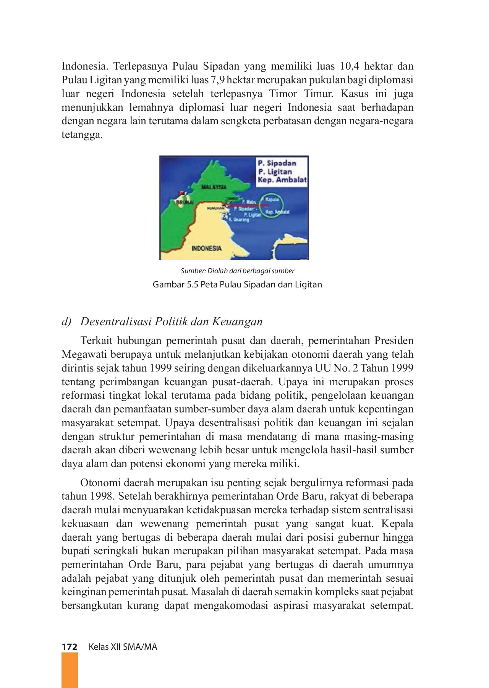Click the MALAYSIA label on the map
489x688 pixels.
[x=214, y=187]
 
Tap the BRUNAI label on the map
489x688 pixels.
[x=185, y=201]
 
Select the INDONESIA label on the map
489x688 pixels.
[x=206, y=248]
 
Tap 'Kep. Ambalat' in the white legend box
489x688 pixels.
[x=282, y=180]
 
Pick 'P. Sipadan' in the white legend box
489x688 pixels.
[x=277, y=163]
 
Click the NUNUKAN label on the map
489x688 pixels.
[x=214, y=208]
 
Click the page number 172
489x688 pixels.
[x=70, y=647]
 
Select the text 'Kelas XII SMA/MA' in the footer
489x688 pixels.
[x=123, y=647]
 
